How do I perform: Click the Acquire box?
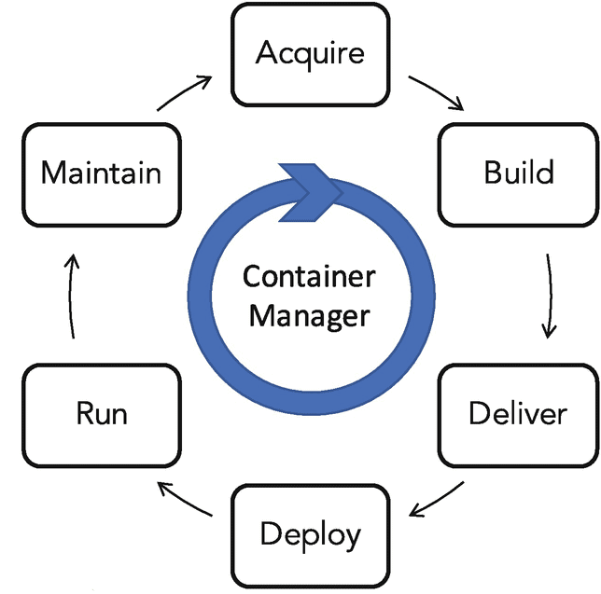(310, 53)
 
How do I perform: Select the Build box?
(518, 173)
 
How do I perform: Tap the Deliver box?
(518, 413)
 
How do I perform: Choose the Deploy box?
(310, 534)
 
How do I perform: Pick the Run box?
(102, 413)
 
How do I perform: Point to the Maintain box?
(102, 173)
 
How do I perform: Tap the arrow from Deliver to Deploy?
(438, 498)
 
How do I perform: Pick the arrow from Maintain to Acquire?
(183, 91)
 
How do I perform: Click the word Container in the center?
(309, 277)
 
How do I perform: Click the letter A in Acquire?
(266, 52)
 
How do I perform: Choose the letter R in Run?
(84, 413)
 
